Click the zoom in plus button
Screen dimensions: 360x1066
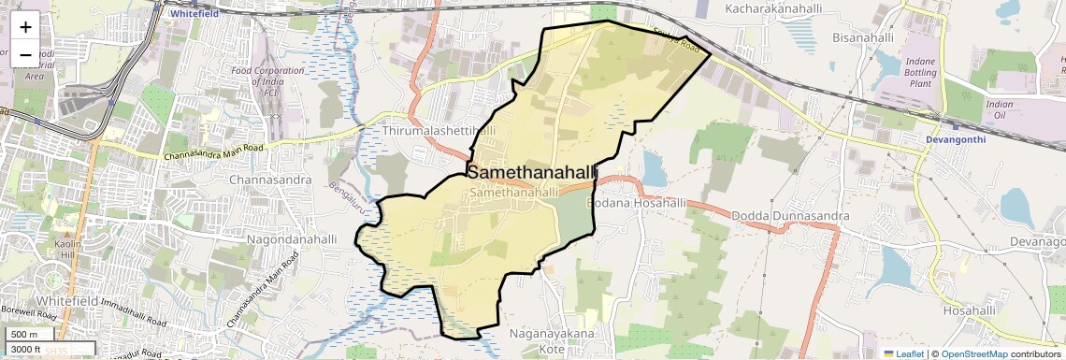coord(25,27)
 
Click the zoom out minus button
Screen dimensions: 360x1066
coord(25,54)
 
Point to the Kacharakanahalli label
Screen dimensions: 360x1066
coord(771,8)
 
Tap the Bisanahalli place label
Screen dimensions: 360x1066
coord(862,37)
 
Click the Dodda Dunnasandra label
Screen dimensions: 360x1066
coord(790,216)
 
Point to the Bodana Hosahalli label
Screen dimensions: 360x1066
coord(637,203)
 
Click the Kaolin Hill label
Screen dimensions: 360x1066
coord(69,251)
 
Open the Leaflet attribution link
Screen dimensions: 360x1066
coord(903,354)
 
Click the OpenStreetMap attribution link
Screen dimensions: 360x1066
coord(973,354)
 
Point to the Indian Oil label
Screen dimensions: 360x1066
coord(1000,109)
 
